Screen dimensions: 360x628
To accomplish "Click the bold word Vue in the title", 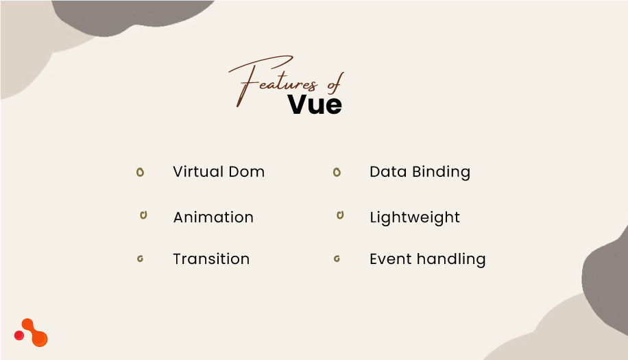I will click(x=315, y=104).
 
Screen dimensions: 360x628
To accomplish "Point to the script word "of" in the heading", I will click(x=333, y=82).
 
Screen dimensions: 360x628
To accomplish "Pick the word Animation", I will click(x=213, y=217).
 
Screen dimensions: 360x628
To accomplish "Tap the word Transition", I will click(x=211, y=259).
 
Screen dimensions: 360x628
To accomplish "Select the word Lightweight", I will click(x=415, y=218).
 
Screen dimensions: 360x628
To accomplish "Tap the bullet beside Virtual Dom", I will click(x=140, y=172).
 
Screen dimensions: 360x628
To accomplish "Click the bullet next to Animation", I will click(x=143, y=215).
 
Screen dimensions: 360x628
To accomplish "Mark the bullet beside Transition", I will click(x=140, y=259).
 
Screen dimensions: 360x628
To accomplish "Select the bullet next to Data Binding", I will click(x=337, y=172).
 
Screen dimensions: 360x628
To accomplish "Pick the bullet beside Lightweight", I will click(x=339, y=215).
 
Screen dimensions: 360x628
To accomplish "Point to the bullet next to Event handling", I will click(x=337, y=259).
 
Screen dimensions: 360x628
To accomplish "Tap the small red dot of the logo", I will click(x=19, y=335).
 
